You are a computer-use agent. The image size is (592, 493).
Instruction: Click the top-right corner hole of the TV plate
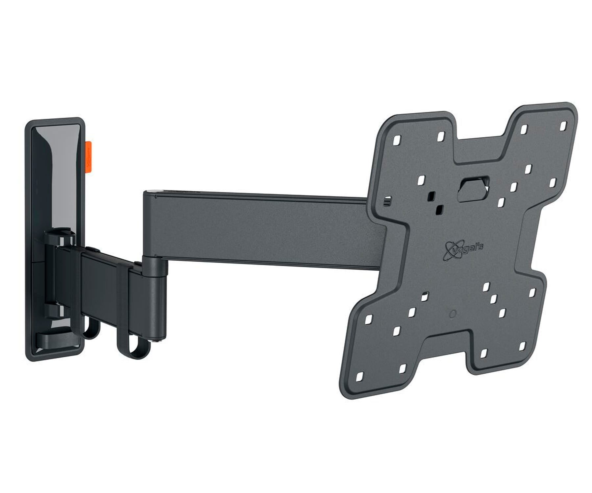coord(563,126)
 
